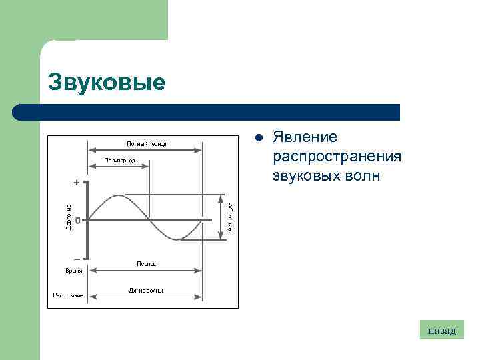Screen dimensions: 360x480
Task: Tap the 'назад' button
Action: (441, 330)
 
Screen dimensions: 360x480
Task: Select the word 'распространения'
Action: (337, 156)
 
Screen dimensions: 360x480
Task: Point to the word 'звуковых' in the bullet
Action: (303, 176)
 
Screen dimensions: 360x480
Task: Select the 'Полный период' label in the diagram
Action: (146, 143)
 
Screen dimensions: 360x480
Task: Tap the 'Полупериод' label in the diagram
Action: (120, 161)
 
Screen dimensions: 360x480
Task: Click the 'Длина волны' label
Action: (146, 290)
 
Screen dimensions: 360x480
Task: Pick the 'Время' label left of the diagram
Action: (74, 271)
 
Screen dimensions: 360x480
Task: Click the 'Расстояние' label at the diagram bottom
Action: (68, 295)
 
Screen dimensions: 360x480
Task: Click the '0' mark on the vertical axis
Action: (78, 220)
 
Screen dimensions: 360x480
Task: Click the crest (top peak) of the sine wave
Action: (118, 196)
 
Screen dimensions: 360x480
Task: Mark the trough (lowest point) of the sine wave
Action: (175, 239)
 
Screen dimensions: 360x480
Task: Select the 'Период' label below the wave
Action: (146, 264)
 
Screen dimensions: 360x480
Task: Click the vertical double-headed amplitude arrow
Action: (220, 217)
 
